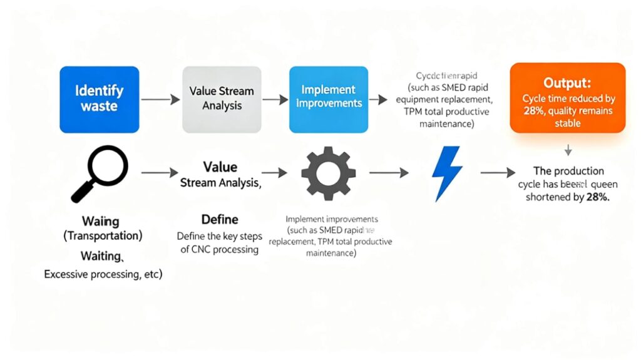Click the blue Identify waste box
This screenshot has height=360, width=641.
pyautogui.click(x=99, y=99)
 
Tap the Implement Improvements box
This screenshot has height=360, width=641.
pyautogui.click(x=329, y=99)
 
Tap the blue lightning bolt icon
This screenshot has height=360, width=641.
pyautogui.click(x=447, y=172)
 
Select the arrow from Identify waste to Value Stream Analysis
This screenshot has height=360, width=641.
pyautogui.click(x=160, y=100)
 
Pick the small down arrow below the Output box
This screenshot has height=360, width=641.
pyautogui.click(x=568, y=150)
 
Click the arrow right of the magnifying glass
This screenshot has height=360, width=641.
pyautogui.click(x=160, y=172)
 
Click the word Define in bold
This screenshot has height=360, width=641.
pyautogui.click(x=220, y=220)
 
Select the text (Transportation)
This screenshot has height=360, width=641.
pyautogui.click(x=103, y=236)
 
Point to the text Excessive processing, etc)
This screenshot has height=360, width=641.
pyautogui.click(x=103, y=274)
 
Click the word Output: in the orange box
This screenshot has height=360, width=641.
pyautogui.click(x=568, y=83)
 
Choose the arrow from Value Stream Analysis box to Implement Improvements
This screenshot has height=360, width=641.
pyautogui.click(x=271, y=100)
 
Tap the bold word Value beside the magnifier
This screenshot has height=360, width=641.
pyautogui.click(x=220, y=167)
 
